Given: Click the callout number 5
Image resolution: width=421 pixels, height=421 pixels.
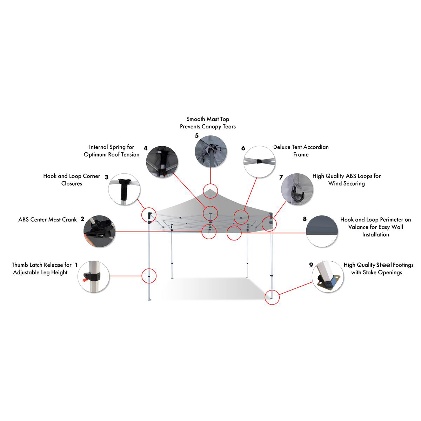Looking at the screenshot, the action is [x=196, y=136].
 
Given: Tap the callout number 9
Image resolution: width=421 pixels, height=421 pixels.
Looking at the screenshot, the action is [x=311, y=265].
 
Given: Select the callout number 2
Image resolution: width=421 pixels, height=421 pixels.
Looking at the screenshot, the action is [x=82, y=219].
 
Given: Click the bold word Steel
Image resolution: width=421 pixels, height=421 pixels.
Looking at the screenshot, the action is [x=384, y=265].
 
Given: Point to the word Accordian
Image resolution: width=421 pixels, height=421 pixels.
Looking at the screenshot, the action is [x=316, y=147].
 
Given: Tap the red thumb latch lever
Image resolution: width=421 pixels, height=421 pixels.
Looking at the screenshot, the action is [x=84, y=280].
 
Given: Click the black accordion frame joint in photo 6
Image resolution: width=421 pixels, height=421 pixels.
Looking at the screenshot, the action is [x=259, y=161].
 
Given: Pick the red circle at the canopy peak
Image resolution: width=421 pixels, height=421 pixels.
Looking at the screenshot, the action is [x=210, y=191].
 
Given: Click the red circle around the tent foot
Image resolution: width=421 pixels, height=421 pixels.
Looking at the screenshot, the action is [x=272, y=297].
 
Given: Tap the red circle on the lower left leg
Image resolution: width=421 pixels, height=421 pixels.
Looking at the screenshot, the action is [x=149, y=276].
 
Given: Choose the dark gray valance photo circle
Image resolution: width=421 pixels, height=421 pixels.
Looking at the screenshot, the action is [x=322, y=231].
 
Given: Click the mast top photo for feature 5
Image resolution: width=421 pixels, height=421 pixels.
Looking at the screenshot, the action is [x=210, y=151].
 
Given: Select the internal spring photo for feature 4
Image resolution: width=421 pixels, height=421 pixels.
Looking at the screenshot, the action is [x=162, y=162].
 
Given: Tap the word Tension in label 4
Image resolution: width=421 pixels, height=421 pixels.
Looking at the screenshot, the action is [x=130, y=154].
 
